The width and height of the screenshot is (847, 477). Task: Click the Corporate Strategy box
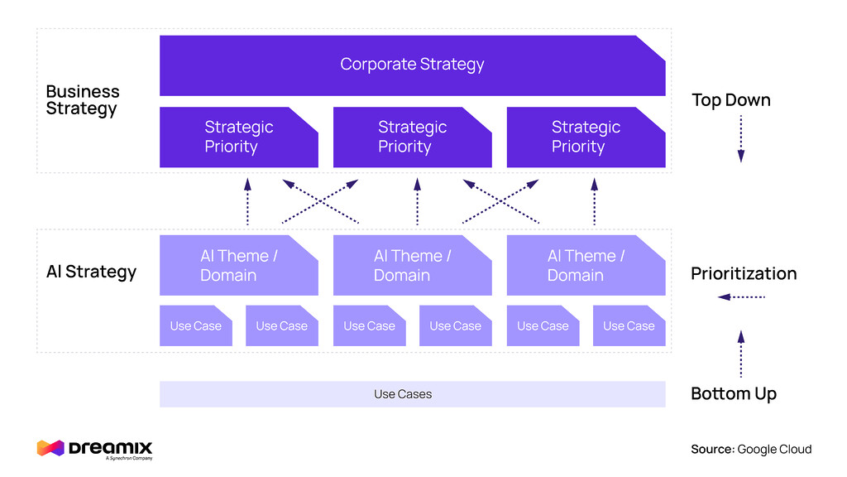412,65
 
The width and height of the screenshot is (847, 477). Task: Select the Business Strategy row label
83,100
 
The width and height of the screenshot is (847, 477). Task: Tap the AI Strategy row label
91,272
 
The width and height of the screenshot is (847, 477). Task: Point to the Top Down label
731,100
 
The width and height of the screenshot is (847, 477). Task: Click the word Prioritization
744,273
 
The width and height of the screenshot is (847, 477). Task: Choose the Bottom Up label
734,393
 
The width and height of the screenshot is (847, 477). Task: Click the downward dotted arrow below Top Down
740,138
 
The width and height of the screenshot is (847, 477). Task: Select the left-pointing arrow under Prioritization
741,296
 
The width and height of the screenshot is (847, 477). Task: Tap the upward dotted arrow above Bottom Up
740,353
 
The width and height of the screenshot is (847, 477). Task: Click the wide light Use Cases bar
412,394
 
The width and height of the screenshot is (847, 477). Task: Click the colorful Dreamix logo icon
50,448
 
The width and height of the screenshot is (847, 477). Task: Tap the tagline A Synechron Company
128,458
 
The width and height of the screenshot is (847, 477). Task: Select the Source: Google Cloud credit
751,449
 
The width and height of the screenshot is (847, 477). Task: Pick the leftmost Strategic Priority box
238,137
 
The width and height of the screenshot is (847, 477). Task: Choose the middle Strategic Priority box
412,137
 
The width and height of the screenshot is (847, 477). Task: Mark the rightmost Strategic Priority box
586,137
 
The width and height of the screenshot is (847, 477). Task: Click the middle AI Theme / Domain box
412,266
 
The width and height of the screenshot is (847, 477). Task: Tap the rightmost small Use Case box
629,326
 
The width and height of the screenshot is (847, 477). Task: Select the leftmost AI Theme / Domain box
238,266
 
